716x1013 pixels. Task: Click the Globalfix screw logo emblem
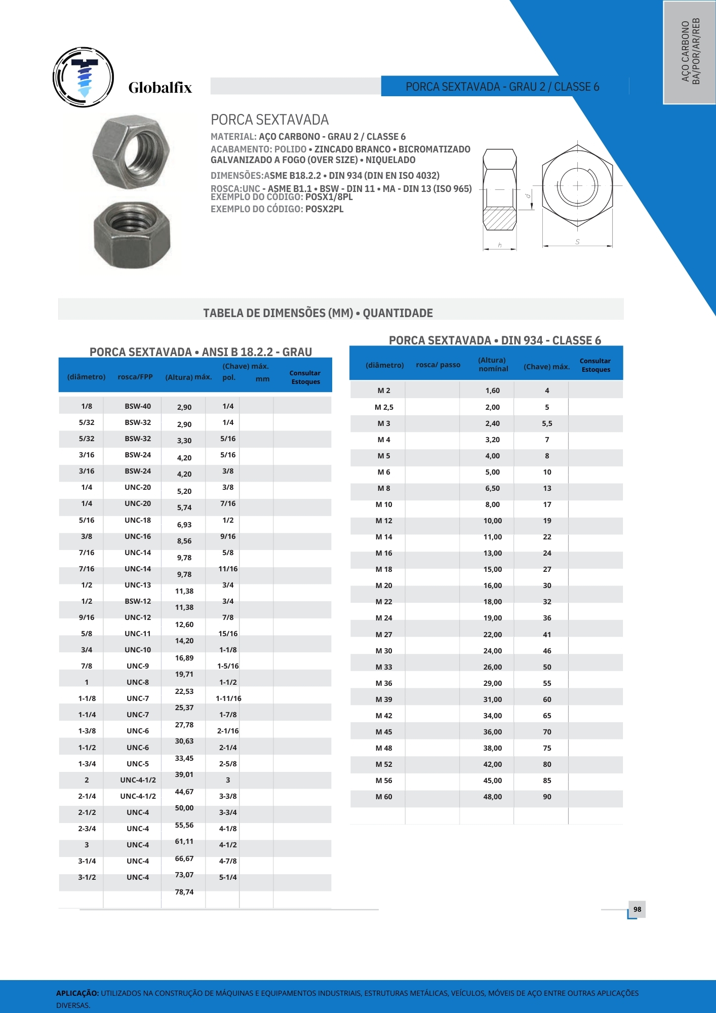[83, 77]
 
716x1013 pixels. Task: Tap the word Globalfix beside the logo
[160, 88]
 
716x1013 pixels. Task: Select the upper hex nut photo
[131, 151]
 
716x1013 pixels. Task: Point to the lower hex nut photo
[132, 233]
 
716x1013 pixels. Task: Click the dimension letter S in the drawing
[577, 242]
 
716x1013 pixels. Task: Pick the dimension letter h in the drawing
[500, 245]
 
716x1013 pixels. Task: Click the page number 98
[637, 909]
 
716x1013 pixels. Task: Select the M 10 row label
[384, 504]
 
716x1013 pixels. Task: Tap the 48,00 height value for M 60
[492, 797]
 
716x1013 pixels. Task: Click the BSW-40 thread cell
[138, 406]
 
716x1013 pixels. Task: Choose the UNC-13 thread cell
[138, 585]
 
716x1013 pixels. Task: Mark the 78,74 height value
[184, 892]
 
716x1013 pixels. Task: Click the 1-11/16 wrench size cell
[228, 698]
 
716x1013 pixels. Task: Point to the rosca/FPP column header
[135, 377]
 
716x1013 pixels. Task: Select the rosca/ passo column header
[438, 365]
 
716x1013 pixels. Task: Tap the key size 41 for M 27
[547, 635]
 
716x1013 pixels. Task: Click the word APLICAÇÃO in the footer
[77, 993]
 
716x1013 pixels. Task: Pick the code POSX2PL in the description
[324, 209]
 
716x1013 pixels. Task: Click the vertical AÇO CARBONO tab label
[690, 51]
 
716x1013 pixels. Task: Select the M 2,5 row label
[384, 407]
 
